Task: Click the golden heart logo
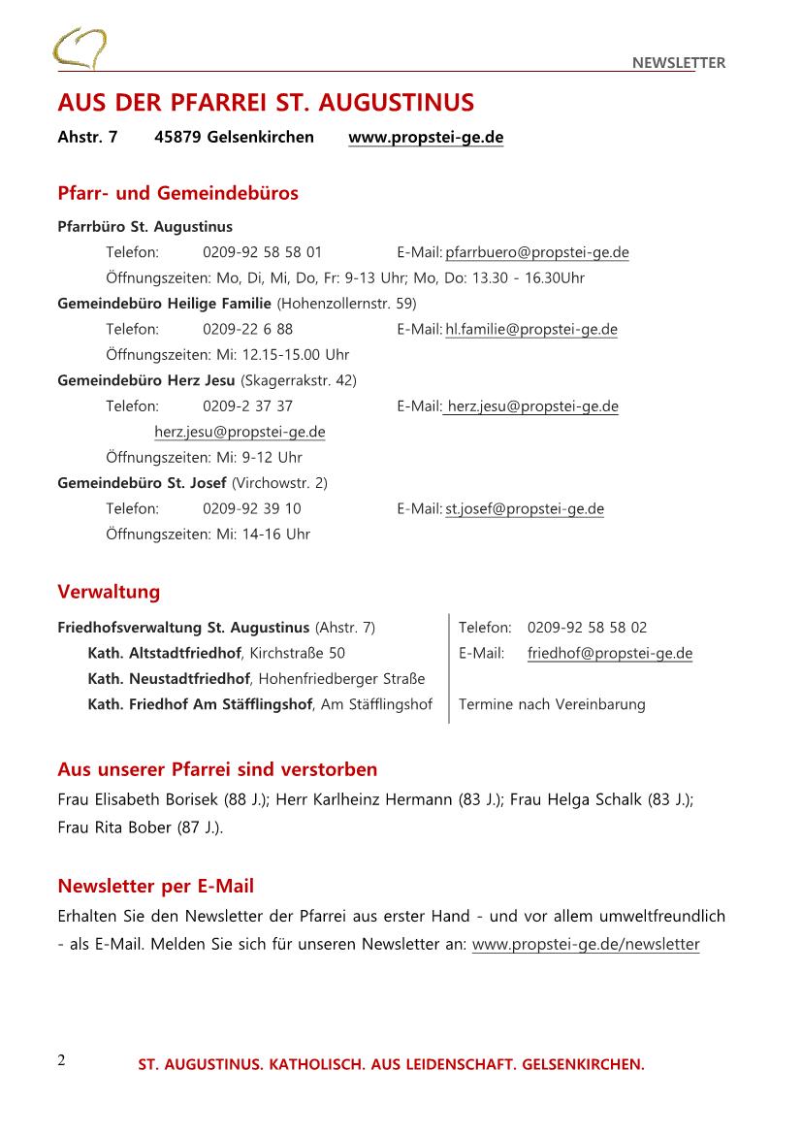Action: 80,49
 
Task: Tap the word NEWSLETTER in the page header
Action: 678,63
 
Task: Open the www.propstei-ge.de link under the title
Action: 426,137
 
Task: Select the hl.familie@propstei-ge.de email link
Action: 531,329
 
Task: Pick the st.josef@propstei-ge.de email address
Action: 525,508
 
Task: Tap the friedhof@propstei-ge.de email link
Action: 610,653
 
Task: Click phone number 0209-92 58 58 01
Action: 262,252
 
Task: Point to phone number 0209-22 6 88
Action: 247,329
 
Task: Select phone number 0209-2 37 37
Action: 247,405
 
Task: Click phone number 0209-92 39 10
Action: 251,508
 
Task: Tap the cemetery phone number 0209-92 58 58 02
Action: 587,628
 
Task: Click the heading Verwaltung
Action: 109,592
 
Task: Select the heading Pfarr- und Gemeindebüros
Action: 177,193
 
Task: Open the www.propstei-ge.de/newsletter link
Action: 586,944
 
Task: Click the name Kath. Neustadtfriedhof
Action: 169,678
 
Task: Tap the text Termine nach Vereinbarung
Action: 552,704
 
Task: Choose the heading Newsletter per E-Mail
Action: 155,885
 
